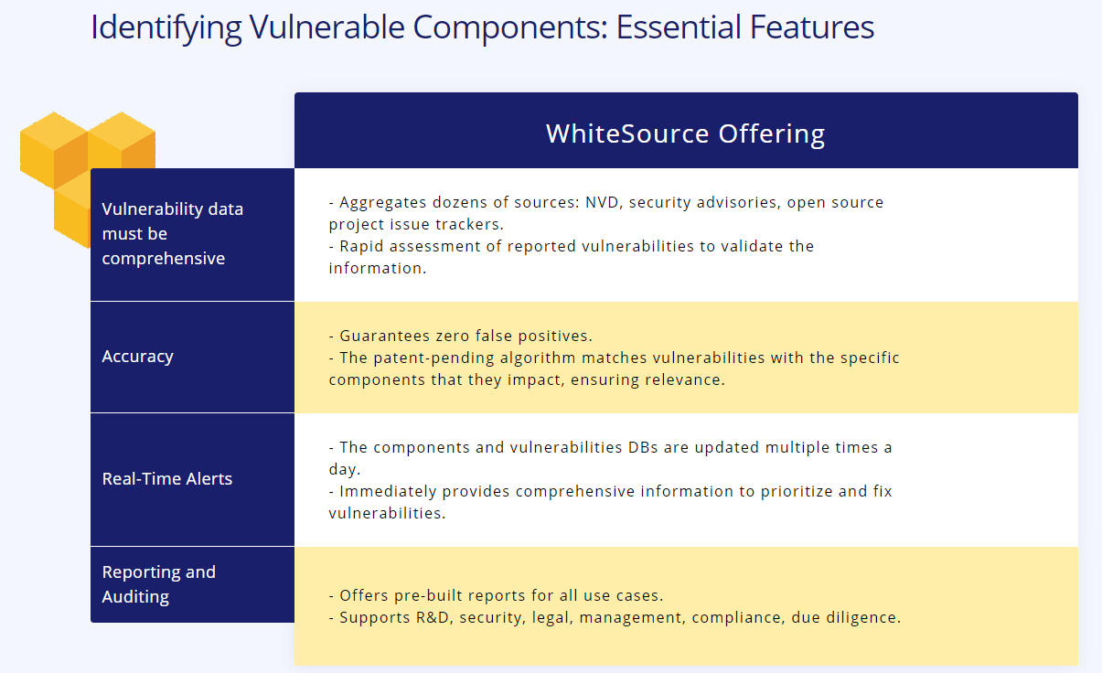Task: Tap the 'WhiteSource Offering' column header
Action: pyautogui.click(x=685, y=134)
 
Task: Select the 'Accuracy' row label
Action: pyautogui.click(x=138, y=357)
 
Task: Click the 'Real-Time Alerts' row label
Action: pyautogui.click(x=167, y=478)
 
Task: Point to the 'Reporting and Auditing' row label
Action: pyautogui.click(x=159, y=584)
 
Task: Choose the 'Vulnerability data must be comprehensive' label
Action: pyautogui.click(x=173, y=234)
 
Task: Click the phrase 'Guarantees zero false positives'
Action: pyautogui.click(x=465, y=336)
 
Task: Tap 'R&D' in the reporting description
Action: pyautogui.click(x=433, y=617)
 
